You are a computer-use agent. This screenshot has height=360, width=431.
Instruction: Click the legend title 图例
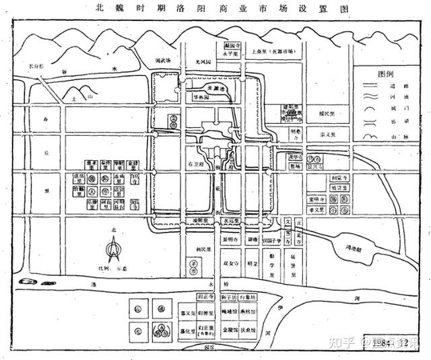pos(386,73)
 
